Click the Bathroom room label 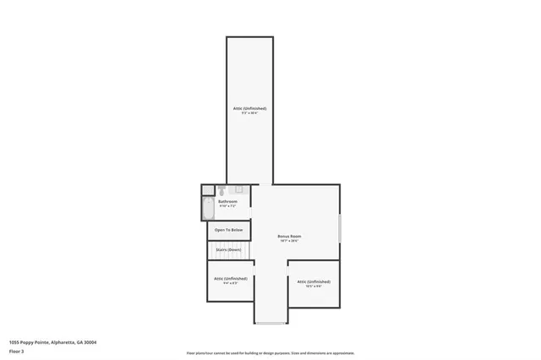(x=227, y=201)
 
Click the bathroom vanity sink (x=239, y=189)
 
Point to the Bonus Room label (x=290, y=236)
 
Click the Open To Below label (x=228, y=230)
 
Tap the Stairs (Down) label (x=228, y=249)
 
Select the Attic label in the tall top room (x=249, y=108)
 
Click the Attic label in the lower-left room (x=230, y=278)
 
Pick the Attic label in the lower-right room (x=313, y=281)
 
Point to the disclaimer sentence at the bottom (x=270, y=353)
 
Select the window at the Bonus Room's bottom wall (x=270, y=323)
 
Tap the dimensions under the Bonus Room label (x=290, y=241)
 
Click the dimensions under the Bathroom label (x=227, y=206)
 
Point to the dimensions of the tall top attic (x=249, y=113)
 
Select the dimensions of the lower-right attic (x=313, y=286)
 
